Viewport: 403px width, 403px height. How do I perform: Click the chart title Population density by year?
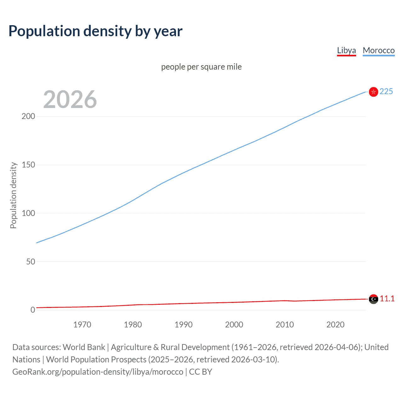[95, 31]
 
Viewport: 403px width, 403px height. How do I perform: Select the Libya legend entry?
[346, 50]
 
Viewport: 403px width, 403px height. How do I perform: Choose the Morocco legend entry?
[378, 50]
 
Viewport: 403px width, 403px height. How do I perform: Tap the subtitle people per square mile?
[201, 67]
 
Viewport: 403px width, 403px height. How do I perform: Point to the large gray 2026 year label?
[70, 99]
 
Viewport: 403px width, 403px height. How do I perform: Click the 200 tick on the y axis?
[28, 116]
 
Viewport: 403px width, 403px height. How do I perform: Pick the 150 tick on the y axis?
[28, 165]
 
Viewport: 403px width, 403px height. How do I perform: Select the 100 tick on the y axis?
[28, 213]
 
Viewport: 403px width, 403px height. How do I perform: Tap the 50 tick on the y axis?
[31, 262]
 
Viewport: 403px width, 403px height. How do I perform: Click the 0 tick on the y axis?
[33, 310]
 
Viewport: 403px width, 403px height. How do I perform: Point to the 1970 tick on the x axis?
[82, 325]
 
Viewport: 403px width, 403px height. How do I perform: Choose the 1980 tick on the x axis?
[133, 325]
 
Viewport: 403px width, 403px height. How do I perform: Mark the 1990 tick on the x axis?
[184, 325]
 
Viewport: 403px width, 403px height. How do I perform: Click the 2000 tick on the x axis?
[234, 325]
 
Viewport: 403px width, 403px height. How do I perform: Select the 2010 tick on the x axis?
[285, 325]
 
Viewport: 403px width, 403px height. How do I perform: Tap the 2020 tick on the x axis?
[335, 325]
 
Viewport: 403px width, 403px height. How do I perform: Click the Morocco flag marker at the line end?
[373, 92]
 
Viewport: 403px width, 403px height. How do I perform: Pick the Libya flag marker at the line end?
[373, 299]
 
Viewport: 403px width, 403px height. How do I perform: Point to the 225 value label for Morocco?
[386, 91]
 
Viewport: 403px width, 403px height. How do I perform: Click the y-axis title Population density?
[13, 195]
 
